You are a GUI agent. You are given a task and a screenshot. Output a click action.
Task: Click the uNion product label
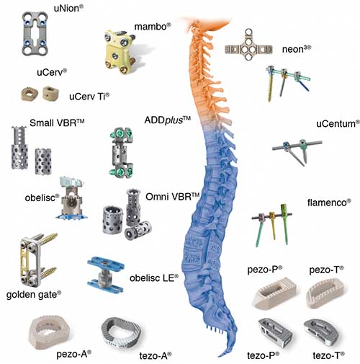(68, 9)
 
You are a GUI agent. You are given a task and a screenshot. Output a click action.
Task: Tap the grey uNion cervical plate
(35, 33)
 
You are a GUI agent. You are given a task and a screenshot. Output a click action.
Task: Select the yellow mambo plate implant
(120, 51)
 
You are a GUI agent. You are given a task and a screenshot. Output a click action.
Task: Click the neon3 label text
(297, 49)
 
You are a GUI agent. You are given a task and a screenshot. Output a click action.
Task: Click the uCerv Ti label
(89, 97)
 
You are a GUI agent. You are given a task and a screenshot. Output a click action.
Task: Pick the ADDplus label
(168, 120)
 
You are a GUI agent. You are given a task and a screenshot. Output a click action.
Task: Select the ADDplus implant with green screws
(121, 153)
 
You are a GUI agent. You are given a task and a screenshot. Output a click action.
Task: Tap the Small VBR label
(57, 123)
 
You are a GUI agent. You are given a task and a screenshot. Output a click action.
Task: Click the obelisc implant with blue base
(72, 197)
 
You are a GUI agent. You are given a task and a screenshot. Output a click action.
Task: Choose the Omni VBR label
(173, 197)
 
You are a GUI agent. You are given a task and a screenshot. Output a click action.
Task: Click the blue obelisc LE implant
(106, 274)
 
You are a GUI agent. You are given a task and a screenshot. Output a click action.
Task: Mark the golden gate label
(34, 295)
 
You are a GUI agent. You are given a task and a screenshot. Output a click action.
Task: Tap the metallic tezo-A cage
(121, 333)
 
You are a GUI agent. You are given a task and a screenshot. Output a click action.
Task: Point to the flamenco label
(329, 203)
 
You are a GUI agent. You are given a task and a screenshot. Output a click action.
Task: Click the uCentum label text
(338, 124)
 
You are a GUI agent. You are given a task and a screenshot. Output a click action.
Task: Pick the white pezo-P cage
(275, 293)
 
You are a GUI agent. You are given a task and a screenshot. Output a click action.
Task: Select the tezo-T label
(328, 355)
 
